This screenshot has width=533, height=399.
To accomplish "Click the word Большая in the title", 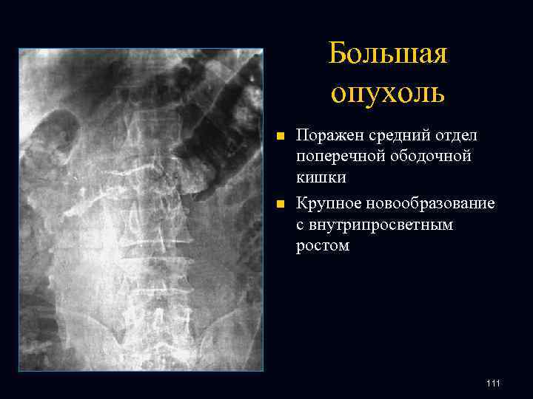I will click(x=388, y=54).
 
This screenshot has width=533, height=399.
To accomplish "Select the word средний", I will click(x=390, y=136).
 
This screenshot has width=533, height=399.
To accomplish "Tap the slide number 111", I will click(x=494, y=383).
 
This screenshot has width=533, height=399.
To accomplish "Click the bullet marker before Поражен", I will click(x=279, y=137).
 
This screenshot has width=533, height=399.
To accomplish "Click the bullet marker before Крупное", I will click(x=279, y=203).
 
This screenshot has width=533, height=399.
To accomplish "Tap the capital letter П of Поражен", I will click(x=302, y=136).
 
